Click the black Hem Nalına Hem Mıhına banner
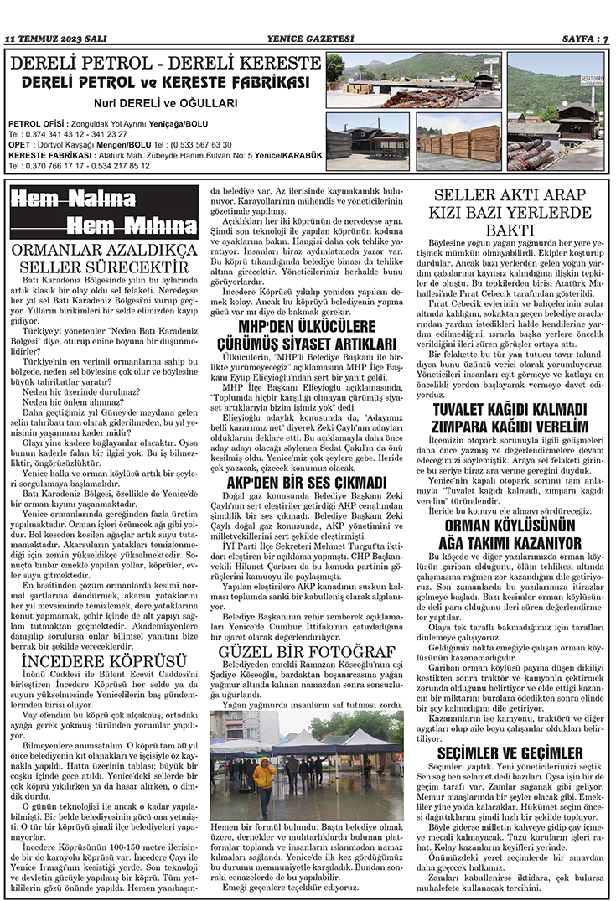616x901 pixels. (105, 212)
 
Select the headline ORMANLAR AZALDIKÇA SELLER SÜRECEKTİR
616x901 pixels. (105, 258)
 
